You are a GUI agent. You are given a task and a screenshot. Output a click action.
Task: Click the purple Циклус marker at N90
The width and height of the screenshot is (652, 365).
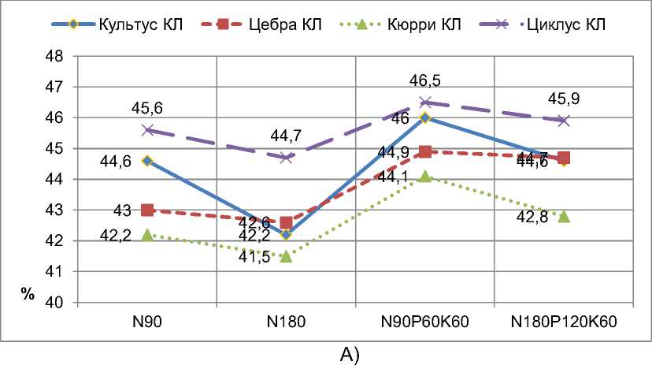click(x=147, y=130)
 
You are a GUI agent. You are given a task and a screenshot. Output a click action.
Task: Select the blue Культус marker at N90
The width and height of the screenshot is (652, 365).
click(x=147, y=161)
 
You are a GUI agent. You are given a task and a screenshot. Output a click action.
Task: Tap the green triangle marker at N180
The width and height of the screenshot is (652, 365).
click(x=286, y=256)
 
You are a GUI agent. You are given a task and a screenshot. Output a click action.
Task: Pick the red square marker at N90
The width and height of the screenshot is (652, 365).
click(x=147, y=210)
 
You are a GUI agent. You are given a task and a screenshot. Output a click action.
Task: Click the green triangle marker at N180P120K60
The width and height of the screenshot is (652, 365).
click(x=564, y=216)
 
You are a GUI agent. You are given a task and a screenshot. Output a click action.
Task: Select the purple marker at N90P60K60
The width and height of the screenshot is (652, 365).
click(x=425, y=102)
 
